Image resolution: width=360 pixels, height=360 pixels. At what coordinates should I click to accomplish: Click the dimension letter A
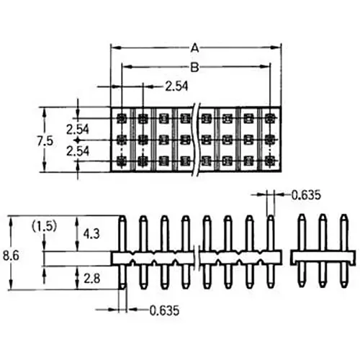click(x=194, y=48)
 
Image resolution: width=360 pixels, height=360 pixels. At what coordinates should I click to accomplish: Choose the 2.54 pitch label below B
click(x=177, y=86)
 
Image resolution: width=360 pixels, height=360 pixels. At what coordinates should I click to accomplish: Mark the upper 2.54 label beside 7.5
click(x=78, y=129)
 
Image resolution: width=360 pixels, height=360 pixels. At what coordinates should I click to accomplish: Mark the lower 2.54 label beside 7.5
click(x=78, y=151)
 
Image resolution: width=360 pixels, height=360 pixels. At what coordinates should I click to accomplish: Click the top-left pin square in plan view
click(x=121, y=117)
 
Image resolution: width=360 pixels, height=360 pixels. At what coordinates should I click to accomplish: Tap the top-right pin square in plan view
click(x=270, y=117)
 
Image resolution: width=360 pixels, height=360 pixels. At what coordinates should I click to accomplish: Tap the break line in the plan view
click(x=199, y=140)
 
